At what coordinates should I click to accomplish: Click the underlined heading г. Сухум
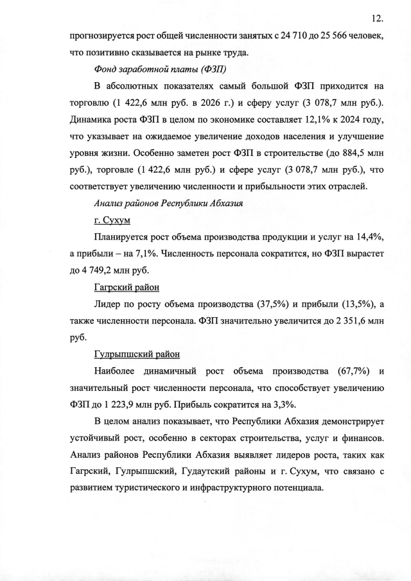(112, 220)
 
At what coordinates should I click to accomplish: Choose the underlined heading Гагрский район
(127, 287)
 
